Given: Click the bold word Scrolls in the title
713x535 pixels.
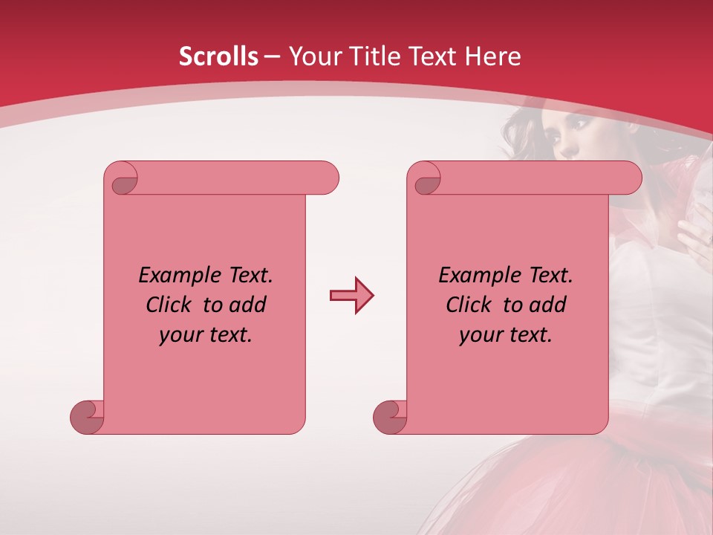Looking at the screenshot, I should (x=218, y=56).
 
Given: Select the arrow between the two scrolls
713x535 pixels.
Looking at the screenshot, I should (x=351, y=296).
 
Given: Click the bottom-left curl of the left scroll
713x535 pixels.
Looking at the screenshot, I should (x=87, y=416).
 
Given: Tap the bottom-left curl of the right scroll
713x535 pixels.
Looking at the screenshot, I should (x=390, y=416).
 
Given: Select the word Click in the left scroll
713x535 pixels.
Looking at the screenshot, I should (x=169, y=305).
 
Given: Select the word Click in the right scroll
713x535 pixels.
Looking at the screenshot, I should (x=469, y=305).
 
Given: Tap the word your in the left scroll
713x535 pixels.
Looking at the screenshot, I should (x=178, y=336).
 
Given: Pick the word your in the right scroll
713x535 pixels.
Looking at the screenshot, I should (x=478, y=336).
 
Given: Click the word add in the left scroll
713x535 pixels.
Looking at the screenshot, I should (x=249, y=305).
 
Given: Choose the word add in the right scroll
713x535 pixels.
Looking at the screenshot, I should (x=549, y=305).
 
